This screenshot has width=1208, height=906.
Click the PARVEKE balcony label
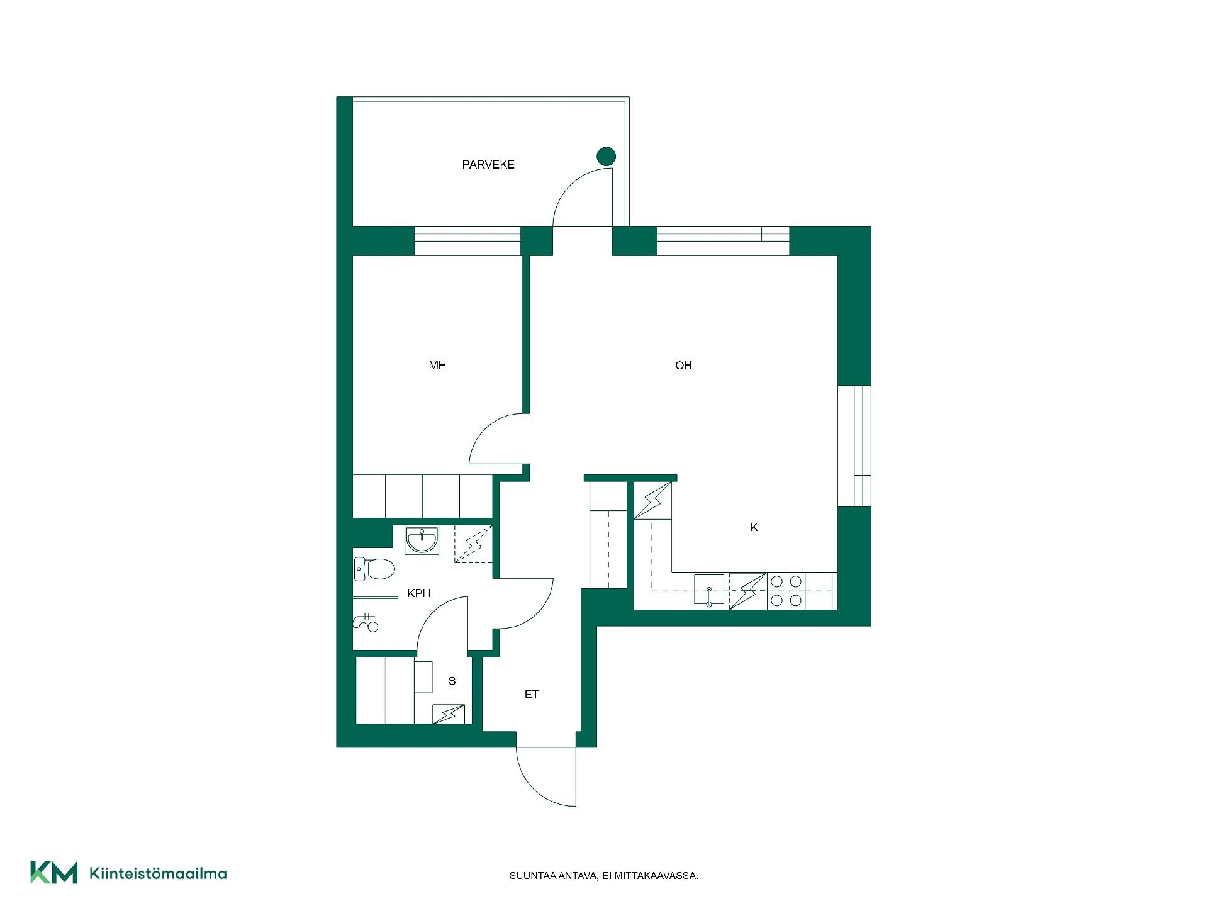pyautogui.click(x=488, y=165)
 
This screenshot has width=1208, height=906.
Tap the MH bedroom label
pyautogui.click(x=437, y=366)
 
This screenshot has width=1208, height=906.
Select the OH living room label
pyautogui.click(x=683, y=366)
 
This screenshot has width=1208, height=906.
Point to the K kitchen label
pyautogui.click(x=754, y=527)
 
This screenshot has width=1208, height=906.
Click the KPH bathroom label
pyautogui.click(x=419, y=593)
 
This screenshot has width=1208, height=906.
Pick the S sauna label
pyautogui.click(x=452, y=681)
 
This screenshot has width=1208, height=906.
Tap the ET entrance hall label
pyautogui.click(x=532, y=695)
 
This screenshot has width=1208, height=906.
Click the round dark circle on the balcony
pyautogui.click(x=606, y=156)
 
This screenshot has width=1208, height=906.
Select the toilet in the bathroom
pyautogui.click(x=374, y=569)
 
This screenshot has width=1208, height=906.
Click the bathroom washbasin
pyautogui.click(x=422, y=540)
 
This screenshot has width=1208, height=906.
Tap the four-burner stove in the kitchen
pyautogui.click(x=786, y=591)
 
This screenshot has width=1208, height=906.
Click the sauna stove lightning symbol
pyautogui.click(x=449, y=713)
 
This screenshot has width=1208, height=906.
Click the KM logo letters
pyautogui.click(x=54, y=873)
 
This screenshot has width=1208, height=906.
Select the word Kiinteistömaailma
pyautogui.click(x=159, y=873)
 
